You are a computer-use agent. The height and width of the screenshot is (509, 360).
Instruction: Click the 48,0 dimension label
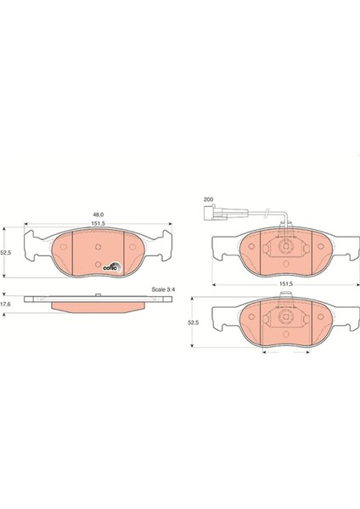coord(98,215)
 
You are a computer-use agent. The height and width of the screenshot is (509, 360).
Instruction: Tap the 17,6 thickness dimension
coord(6,305)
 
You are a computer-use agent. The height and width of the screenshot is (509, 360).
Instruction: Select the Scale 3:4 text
coord(163,289)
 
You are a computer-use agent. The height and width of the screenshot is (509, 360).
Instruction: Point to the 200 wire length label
coord(208,199)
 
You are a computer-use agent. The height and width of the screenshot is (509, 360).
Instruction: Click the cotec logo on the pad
coord(112,267)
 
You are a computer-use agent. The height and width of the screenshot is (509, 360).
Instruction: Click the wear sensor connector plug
coord(211,213)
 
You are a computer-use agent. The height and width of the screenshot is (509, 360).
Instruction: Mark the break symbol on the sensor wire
coord(267,212)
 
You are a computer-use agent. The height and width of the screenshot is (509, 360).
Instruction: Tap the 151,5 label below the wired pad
coord(287,283)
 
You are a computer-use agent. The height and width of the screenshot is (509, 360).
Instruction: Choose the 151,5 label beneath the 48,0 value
coord(98,222)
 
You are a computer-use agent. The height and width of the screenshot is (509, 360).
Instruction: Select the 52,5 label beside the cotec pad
coord(6,252)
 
